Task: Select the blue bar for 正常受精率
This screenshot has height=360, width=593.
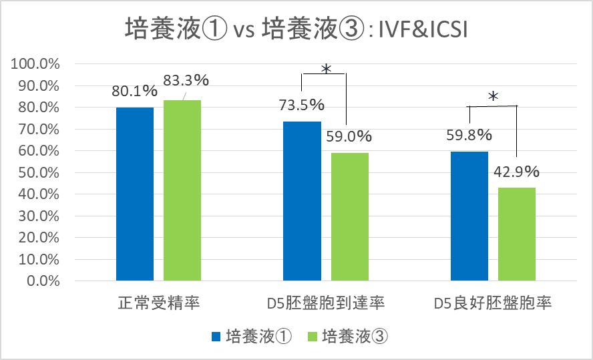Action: click(135, 194)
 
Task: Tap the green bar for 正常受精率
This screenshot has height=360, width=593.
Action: click(182, 190)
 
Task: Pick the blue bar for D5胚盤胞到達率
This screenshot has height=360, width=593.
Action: click(302, 200)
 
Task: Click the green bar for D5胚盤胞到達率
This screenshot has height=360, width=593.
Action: click(349, 216)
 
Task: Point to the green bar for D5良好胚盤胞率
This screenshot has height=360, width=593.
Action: click(516, 234)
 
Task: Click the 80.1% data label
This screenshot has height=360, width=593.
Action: click(134, 91)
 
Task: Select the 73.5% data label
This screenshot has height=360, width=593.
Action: click(301, 106)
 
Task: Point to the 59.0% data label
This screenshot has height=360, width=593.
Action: click(349, 136)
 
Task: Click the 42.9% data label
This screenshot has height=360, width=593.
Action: click(516, 172)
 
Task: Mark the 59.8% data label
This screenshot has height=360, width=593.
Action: click(469, 135)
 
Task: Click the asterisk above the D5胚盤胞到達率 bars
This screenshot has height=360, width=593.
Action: click(326, 69)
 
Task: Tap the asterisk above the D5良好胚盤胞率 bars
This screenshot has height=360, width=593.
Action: click(493, 98)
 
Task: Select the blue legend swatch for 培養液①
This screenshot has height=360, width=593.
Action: click(216, 337)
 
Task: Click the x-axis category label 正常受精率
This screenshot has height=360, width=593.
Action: click(158, 304)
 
